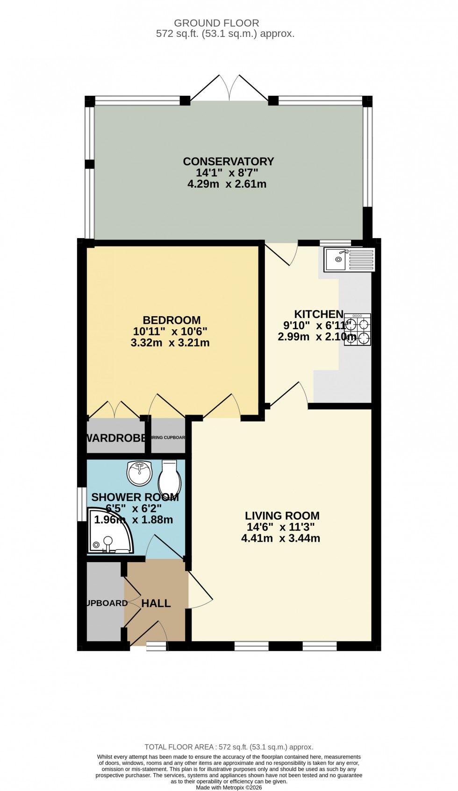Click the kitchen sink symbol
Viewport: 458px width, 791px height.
(x=350, y=260)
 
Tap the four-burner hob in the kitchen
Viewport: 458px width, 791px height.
(x=358, y=330)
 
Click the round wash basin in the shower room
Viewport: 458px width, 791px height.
(x=139, y=473)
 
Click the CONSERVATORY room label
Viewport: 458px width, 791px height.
(x=228, y=162)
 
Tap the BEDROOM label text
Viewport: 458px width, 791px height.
(x=172, y=320)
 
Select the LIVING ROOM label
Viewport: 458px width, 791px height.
(x=282, y=516)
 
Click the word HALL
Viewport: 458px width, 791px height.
(x=156, y=603)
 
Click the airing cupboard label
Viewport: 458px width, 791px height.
(x=168, y=438)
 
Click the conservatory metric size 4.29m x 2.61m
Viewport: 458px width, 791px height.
(x=227, y=184)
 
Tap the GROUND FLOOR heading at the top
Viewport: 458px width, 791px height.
(x=216, y=23)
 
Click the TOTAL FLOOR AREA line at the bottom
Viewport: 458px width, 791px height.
(x=229, y=747)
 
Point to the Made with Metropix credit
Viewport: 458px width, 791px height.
(x=229, y=787)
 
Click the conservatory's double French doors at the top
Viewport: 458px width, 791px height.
(x=229, y=89)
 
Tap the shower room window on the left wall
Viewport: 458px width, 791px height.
(x=82, y=504)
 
